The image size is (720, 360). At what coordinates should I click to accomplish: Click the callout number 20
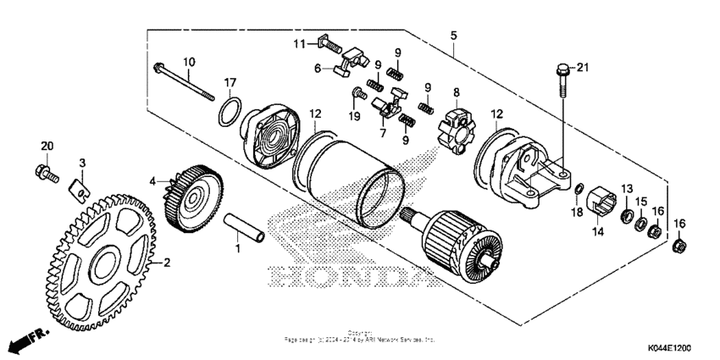47,146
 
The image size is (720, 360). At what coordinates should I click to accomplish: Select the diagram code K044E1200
669,349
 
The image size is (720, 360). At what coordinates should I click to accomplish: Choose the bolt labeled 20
46,174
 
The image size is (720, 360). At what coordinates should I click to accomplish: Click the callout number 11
301,43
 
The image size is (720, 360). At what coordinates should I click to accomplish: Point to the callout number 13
627,187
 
